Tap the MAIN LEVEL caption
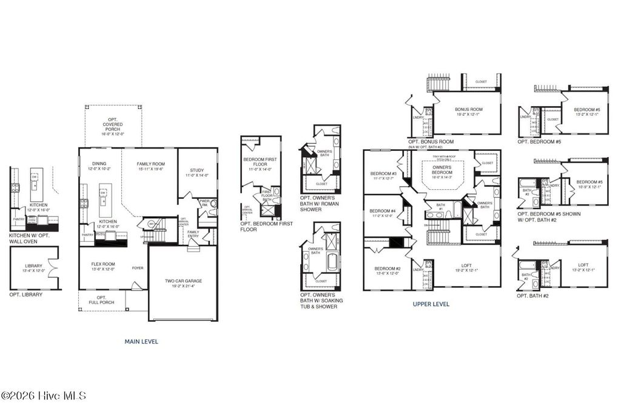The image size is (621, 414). pyautogui.click(x=141, y=341)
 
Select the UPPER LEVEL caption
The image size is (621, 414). pyautogui.click(x=431, y=304)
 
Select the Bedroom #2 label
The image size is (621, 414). pyautogui.click(x=386, y=271)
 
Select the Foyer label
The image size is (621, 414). pyautogui.click(x=138, y=267)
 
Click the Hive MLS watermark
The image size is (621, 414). pyautogui.click(x=44, y=396)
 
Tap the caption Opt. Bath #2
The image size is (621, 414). pyautogui.click(x=532, y=296)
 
